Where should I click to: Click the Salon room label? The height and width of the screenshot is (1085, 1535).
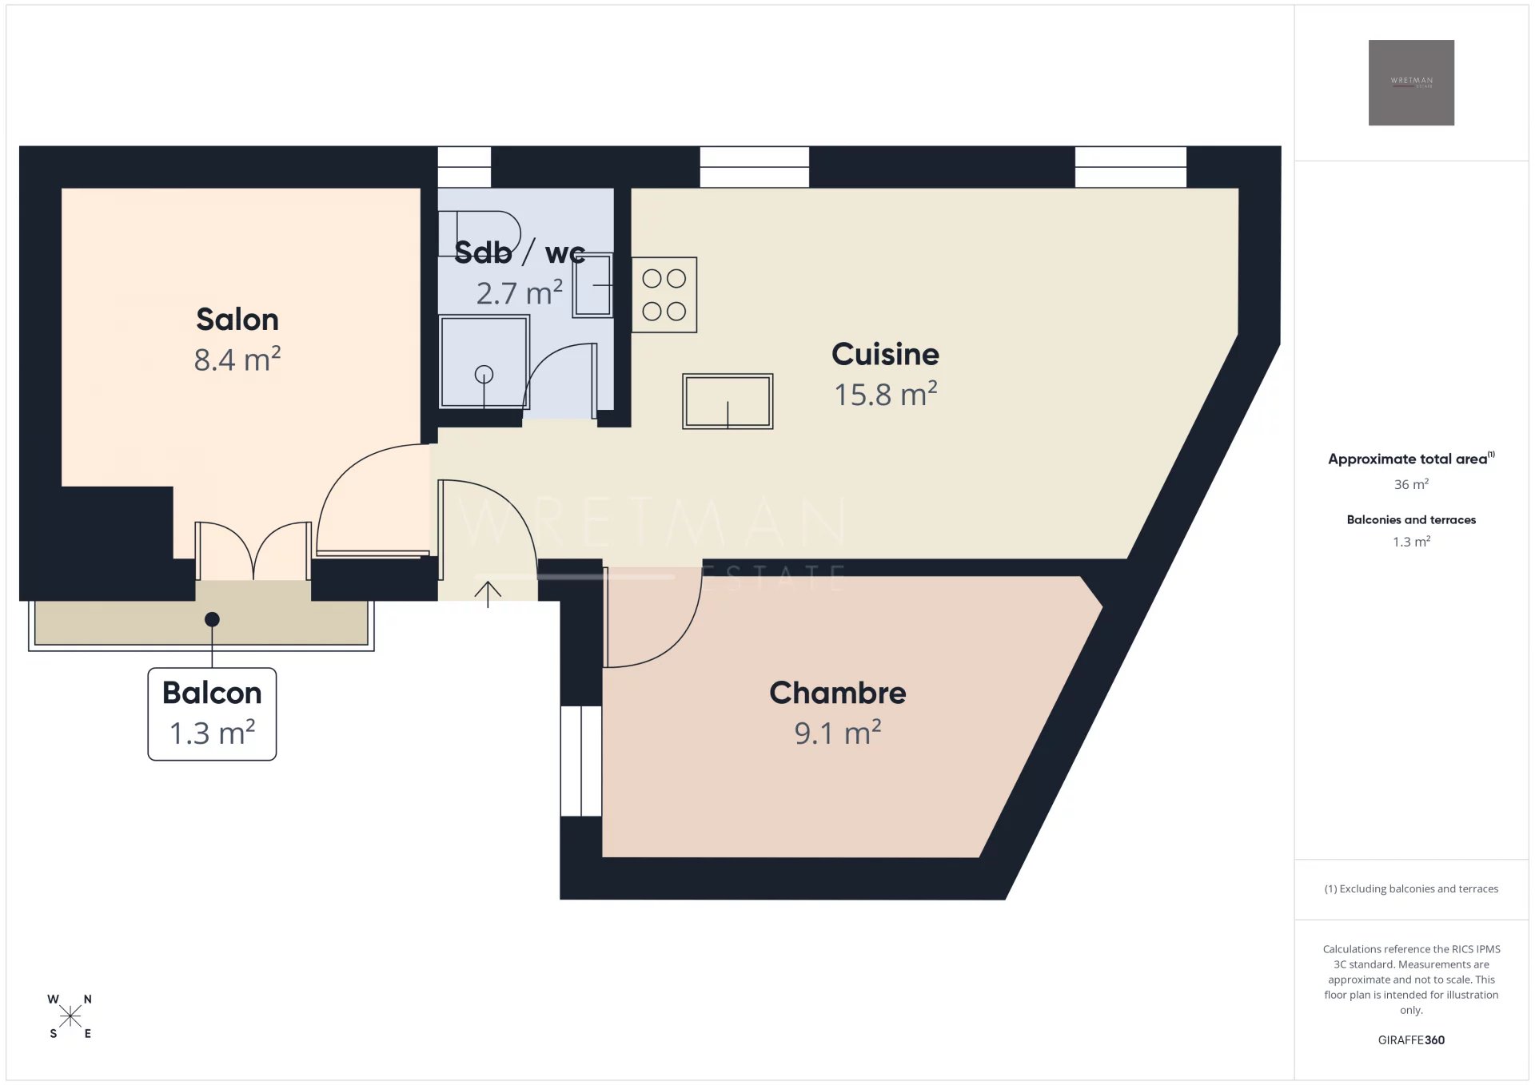click(237, 320)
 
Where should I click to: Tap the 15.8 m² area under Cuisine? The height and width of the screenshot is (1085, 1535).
click(886, 394)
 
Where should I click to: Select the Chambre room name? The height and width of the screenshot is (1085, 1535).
click(838, 693)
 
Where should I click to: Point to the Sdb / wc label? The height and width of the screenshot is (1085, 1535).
click(520, 252)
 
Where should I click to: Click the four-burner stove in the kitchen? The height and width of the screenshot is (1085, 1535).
click(664, 295)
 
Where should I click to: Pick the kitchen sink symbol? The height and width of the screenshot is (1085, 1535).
click(728, 401)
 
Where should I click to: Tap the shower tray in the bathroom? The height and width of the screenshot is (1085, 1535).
click(484, 362)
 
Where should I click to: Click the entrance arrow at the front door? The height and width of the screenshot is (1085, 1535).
click(488, 594)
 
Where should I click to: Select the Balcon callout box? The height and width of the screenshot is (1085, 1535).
click(212, 714)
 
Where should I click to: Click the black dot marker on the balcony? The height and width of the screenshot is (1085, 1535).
click(212, 619)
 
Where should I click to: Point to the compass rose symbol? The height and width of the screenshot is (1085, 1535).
click(70, 1016)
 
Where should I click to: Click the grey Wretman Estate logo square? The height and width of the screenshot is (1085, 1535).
click(1411, 82)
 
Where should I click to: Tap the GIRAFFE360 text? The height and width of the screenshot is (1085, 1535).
click(1411, 1039)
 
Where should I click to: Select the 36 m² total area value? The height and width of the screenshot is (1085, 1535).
click(1411, 484)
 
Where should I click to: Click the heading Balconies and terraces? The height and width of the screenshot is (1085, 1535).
click(1411, 519)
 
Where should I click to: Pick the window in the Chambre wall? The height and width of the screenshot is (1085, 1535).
click(581, 761)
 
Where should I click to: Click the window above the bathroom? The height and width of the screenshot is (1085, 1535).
click(464, 167)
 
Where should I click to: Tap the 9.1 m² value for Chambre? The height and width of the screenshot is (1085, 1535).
click(838, 733)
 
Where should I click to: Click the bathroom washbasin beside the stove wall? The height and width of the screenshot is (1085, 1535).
click(592, 285)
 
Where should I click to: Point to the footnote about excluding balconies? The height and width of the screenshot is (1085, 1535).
click(1411, 888)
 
